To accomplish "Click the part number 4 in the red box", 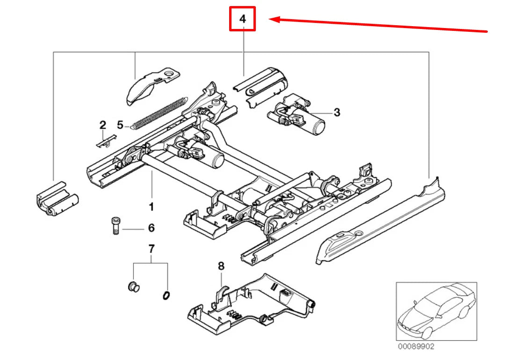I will pos(242,19).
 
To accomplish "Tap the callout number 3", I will pos(337,112).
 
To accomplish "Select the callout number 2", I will pos(102,125).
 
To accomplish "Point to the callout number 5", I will pos(120,125).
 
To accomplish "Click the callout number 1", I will pos(151,206).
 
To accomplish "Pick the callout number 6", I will pos(151,228).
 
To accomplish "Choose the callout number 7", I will pos(151,249).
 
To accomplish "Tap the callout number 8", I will pos(221,266).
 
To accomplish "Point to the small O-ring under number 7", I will pos(166,295).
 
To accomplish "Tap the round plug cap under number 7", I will pos(133,287).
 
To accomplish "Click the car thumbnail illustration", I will pos(436,311).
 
